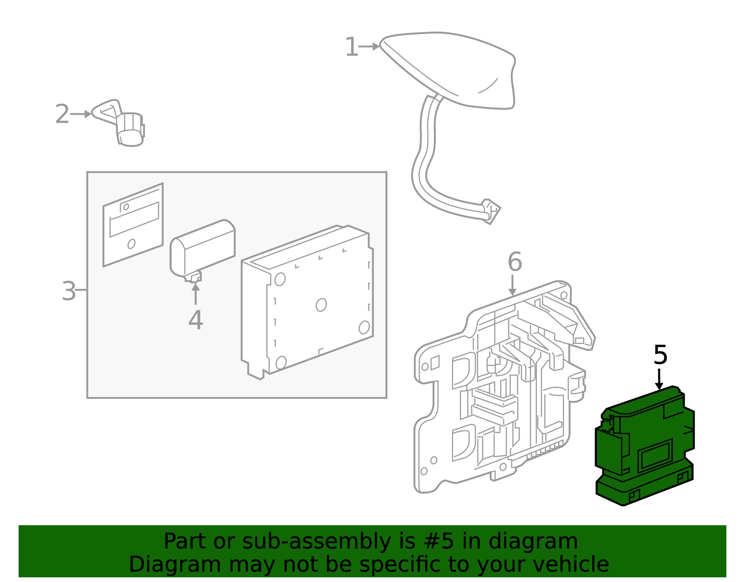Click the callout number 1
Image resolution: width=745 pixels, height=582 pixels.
point(351,48)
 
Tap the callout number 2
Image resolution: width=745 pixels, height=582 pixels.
point(62,114)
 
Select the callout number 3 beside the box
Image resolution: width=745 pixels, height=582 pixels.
point(68,291)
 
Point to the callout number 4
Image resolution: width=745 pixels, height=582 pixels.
point(196,321)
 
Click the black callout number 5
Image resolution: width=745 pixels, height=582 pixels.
point(660,356)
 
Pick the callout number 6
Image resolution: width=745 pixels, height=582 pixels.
point(515,262)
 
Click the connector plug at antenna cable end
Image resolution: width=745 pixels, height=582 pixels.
point(490,211)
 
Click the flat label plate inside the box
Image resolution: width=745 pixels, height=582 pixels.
point(133,226)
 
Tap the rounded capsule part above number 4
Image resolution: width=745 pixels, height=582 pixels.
point(203,248)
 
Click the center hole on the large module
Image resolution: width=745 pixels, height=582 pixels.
point(321,305)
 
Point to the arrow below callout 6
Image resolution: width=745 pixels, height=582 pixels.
point(512,285)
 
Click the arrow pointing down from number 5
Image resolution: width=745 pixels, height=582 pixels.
point(659,380)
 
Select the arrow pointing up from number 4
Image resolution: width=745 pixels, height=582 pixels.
point(196,294)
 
